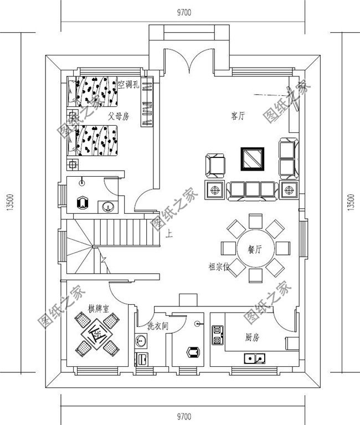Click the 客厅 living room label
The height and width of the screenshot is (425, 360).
(238, 116)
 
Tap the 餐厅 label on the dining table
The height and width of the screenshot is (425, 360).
(254, 250)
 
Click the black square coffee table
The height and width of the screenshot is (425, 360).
(252, 159)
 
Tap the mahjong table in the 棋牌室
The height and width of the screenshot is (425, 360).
(97, 334)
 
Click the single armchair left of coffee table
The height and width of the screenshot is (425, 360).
(215, 165)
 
